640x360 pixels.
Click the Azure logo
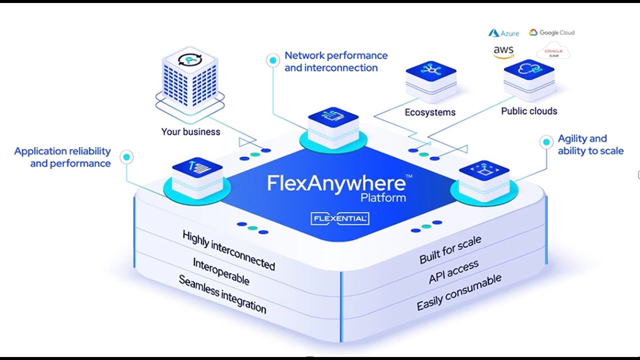pos(503,33)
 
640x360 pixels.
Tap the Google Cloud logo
pos(551,32)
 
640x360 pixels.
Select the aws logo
pos(503,52)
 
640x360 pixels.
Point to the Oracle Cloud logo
pos(553,52)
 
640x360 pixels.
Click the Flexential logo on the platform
pos(340,218)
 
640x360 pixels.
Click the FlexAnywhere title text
pos(336,183)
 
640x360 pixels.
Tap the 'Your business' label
pos(190,132)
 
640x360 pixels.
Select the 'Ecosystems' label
pos(430,112)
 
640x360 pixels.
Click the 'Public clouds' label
pos(529,111)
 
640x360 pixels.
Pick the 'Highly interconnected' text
pos(228,250)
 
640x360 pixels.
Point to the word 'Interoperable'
pos(220,271)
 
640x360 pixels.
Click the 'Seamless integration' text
pos(222,294)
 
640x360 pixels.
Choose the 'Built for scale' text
pos(450,249)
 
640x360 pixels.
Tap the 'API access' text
pos(453,272)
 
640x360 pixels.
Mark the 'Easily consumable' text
pos(458,292)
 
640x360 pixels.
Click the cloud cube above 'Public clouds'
pos(529,77)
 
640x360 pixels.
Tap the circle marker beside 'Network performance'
pos(272,60)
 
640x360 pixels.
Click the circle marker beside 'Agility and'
pos(546,142)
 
